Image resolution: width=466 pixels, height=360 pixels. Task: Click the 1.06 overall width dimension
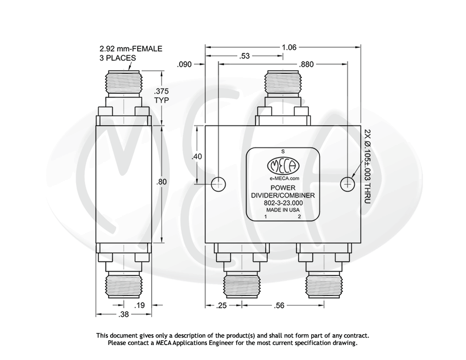[289, 47]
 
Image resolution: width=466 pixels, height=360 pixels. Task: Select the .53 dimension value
[244, 56]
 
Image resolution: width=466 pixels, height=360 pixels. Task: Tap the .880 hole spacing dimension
[306, 64]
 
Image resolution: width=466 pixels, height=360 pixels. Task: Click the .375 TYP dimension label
[161, 95]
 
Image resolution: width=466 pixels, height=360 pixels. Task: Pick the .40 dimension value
[196, 157]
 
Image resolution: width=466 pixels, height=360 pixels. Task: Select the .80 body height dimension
[161, 182]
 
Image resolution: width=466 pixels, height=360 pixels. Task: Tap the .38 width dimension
[124, 314]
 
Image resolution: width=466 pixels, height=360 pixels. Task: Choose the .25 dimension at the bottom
[223, 306]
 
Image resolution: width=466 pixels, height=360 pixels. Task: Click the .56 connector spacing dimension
[279, 306]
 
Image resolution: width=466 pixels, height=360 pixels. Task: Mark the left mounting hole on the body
[219, 183]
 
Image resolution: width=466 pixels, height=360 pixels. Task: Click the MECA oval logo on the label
[283, 166]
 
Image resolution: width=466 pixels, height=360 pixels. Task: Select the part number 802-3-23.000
[283, 203]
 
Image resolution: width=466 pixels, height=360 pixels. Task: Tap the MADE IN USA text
[283, 210]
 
